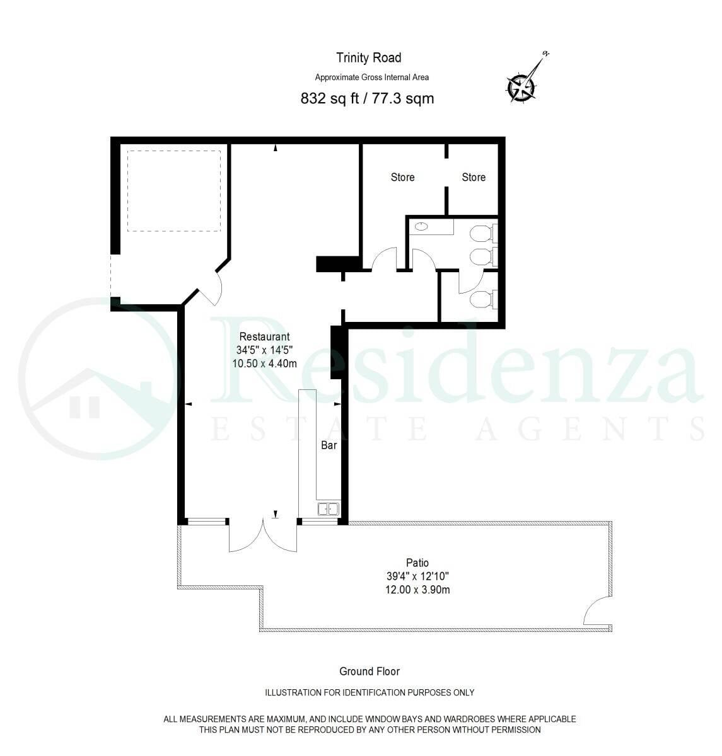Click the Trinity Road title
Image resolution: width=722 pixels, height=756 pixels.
pos(368,58)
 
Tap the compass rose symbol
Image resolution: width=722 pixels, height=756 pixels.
pos(522,87)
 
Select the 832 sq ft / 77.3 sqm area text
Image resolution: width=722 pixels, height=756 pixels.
pos(367,98)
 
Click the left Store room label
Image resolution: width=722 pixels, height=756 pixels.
pos(402,177)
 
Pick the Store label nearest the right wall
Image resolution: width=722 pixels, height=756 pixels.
pos(474,177)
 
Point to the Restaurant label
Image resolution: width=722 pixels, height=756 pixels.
pos(264,336)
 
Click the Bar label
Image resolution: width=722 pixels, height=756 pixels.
pos(329,445)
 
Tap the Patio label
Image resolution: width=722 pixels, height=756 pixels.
pos(417,563)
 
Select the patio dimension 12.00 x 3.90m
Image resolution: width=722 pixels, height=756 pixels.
pos(417,590)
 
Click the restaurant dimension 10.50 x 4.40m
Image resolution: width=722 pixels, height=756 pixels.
pos(264,363)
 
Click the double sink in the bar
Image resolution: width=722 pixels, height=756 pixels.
pos(329,509)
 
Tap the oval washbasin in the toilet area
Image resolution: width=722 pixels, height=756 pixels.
pos(421,226)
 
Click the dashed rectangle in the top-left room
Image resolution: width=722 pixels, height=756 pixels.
pos(174,191)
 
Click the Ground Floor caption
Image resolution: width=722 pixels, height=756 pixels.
pos(370,672)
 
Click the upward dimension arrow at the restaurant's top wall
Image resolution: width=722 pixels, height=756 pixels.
pos(275,147)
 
